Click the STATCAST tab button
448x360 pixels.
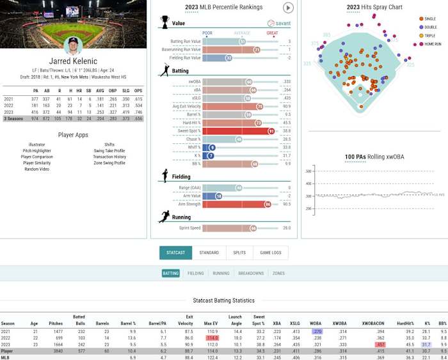pyautogui.click(x=175, y=253)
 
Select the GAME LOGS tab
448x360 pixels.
pyautogui.click(x=271, y=253)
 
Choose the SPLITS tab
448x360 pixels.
pyautogui.click(x=239, y=253)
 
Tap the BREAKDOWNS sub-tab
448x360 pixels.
pyautogui.click(x=251, y=273)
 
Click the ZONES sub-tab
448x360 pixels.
pyautogui.click(x=278, y=273)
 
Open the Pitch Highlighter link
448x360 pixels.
pyautogui.click(x=36, y=151)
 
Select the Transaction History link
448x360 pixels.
pyautogui.click(x=109, y=157)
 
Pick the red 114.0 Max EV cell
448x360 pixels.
pyautogui.click(x=212, y=337)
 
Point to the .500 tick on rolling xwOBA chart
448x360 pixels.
pyautogui.click(x=308, y=171)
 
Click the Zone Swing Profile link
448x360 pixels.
pyautogui.click(x=109, y=162)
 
